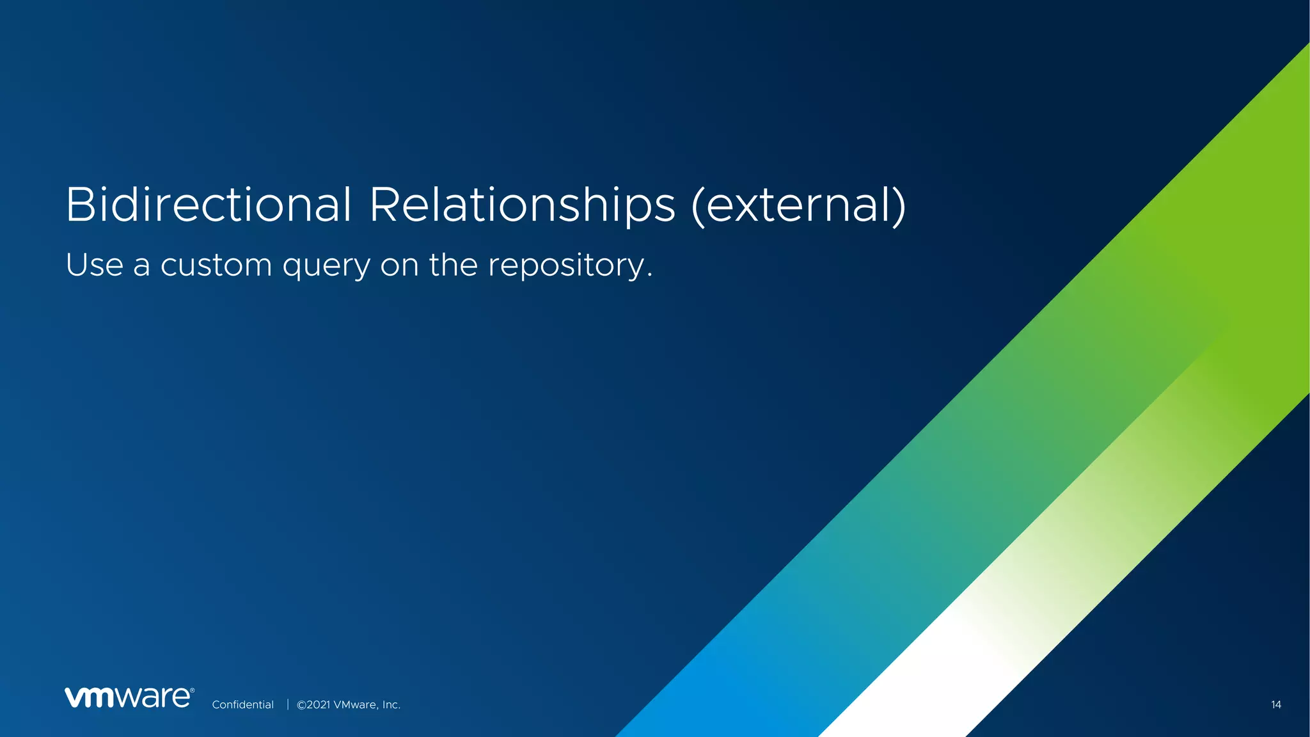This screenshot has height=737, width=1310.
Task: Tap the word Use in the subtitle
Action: pyautogui.click(x=94, y=265)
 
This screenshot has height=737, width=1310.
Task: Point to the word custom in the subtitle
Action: pyautogui.click(x=216, y=265)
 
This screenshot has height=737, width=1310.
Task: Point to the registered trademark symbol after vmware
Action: pyautogui.click(x=192, y=690)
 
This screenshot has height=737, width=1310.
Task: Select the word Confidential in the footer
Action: pyautogui.click(x=242, y=704)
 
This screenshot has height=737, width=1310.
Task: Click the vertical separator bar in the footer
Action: pyautogui.click(x=288, y=704)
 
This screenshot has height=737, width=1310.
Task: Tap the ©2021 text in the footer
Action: pyautogui.click(x=313, y=704)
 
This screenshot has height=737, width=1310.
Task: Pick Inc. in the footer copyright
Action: pyautogui.click(x=391, y=704)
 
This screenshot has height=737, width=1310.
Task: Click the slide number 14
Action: pyautogui.click(x=1275, y=704)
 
